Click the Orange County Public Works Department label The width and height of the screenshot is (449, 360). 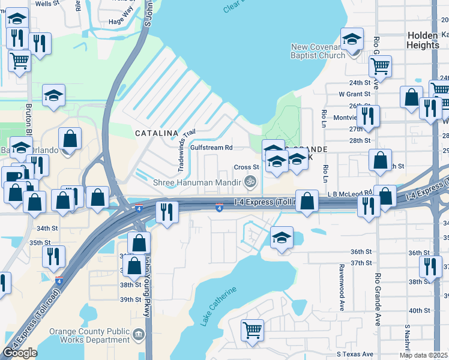(89, 335)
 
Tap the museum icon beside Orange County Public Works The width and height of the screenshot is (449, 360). (139, 334)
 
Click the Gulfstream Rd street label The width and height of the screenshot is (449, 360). (211, 147)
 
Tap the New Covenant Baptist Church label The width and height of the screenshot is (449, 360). (318, 52)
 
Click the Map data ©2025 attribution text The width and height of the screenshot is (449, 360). (423, 355)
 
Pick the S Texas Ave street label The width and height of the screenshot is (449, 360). (355, 354)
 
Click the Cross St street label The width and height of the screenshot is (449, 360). (246, 167)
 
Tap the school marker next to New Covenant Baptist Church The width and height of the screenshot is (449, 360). (351, 40)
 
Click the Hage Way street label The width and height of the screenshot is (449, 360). (121, 21)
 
